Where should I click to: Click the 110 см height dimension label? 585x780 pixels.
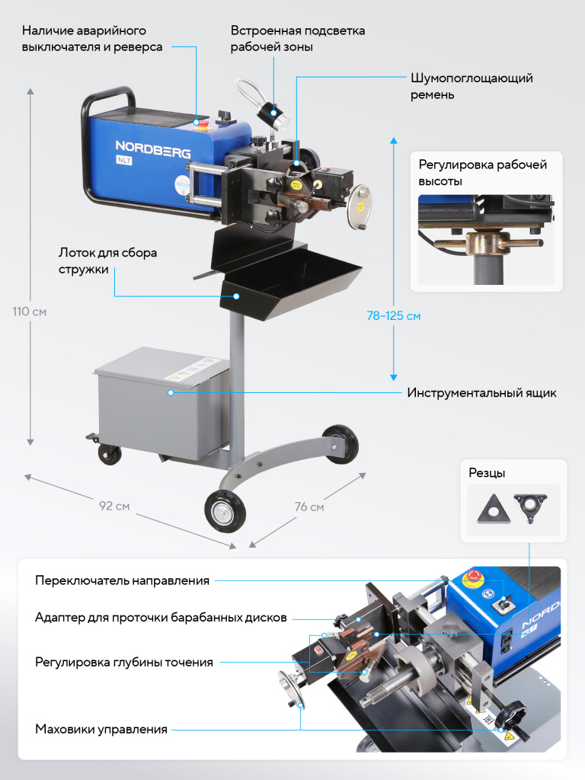pyautogui.click(x=30, y=312)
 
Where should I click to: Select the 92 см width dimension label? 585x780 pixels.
pyautogui.click(x=114, y=506)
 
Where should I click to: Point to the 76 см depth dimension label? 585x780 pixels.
pyautogui.click(x=309, y=507)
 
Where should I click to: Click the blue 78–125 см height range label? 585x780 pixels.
pyautogui.click(x=394, y=316)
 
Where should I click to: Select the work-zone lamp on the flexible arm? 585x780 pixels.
pyautogui.click(x=274, y=115)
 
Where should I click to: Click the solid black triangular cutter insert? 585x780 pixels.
pyautogui.click(x=494, y=510)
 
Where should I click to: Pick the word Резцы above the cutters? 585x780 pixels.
pyautogui.click(x=487, y=473)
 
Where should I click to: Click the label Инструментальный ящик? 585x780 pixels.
pyautogui.click(x=481, y=393)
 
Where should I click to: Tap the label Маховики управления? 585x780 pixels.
pyautogui.click(x=101, y=729)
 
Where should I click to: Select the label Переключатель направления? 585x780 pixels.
pyautogui.click(x=122, y=580)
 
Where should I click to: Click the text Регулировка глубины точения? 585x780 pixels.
pyautogui.click(x=124, y=662)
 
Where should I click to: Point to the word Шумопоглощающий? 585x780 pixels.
pyautogui.click(x=472, y=78)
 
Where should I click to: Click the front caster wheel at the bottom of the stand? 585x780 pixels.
pyautogui.click(x=225, y=511)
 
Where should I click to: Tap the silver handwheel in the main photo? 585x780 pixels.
pyautogui.click(x=360, y=207)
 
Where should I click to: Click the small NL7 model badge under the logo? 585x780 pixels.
pyautogui.click(x=124, y=160)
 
